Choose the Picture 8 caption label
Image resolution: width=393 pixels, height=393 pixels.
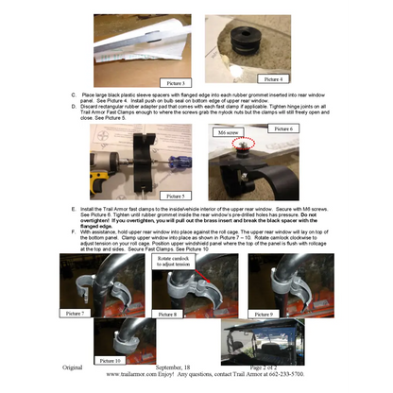click(168, 313)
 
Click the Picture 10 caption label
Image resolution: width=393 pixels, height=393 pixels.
click(111, 360)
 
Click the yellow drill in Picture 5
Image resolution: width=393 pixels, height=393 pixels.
click(107, 170)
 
